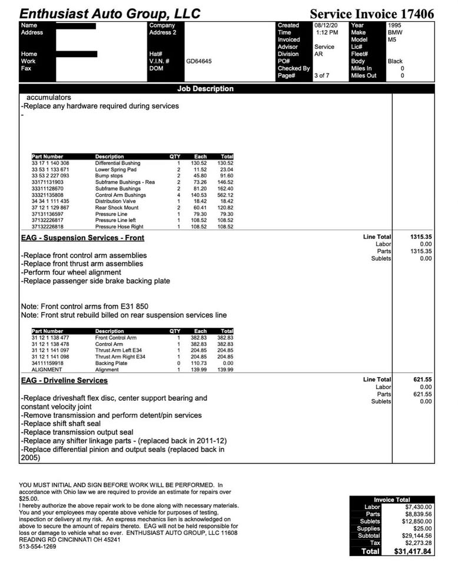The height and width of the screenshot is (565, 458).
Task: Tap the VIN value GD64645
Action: [x=199, y=61]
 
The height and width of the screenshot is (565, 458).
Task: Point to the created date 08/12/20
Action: [x=326, y=26]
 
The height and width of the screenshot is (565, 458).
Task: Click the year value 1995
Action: [x=395, y=26]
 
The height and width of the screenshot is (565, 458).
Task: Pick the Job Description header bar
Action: [x=205, y=89]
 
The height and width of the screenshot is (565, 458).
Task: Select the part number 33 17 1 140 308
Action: [x=51, y=163]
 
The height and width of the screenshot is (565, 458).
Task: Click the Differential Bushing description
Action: [x=118, y=163]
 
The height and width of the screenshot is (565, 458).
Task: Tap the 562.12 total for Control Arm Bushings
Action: [x=225, y=195]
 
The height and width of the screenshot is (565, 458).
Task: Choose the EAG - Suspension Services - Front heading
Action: [x=82, y=238]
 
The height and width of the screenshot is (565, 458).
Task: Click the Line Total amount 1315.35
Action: [x=420, y=237]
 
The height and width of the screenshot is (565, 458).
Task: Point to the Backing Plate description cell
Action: [x=111, y=363]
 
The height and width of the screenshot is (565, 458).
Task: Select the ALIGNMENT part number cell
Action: [x=47, y=370]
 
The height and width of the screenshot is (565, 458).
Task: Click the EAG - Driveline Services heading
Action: [x=64, y=381]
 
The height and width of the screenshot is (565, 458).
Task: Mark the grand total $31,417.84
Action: [x=413, y=552]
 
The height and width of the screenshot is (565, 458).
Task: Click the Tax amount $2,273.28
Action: [x=419, y=543]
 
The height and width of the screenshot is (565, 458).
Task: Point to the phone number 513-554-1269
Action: [x=38, y=546]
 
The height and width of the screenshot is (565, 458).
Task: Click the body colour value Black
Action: [x=395, y=61]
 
